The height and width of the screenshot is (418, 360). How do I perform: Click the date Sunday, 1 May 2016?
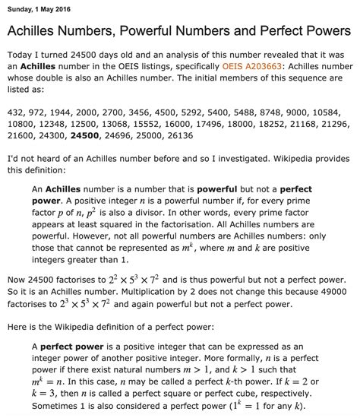(x=39, y=9)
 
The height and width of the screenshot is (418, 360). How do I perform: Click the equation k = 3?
(x=49, y=399)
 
